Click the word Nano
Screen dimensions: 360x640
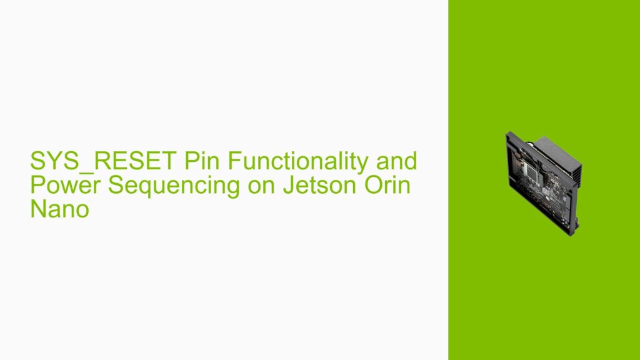pyautogui.click(x=59, y=210)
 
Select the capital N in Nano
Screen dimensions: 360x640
pyautogui.click(x=38, y=210)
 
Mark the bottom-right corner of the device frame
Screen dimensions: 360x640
pyautogui.click(x=569, y=235)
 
